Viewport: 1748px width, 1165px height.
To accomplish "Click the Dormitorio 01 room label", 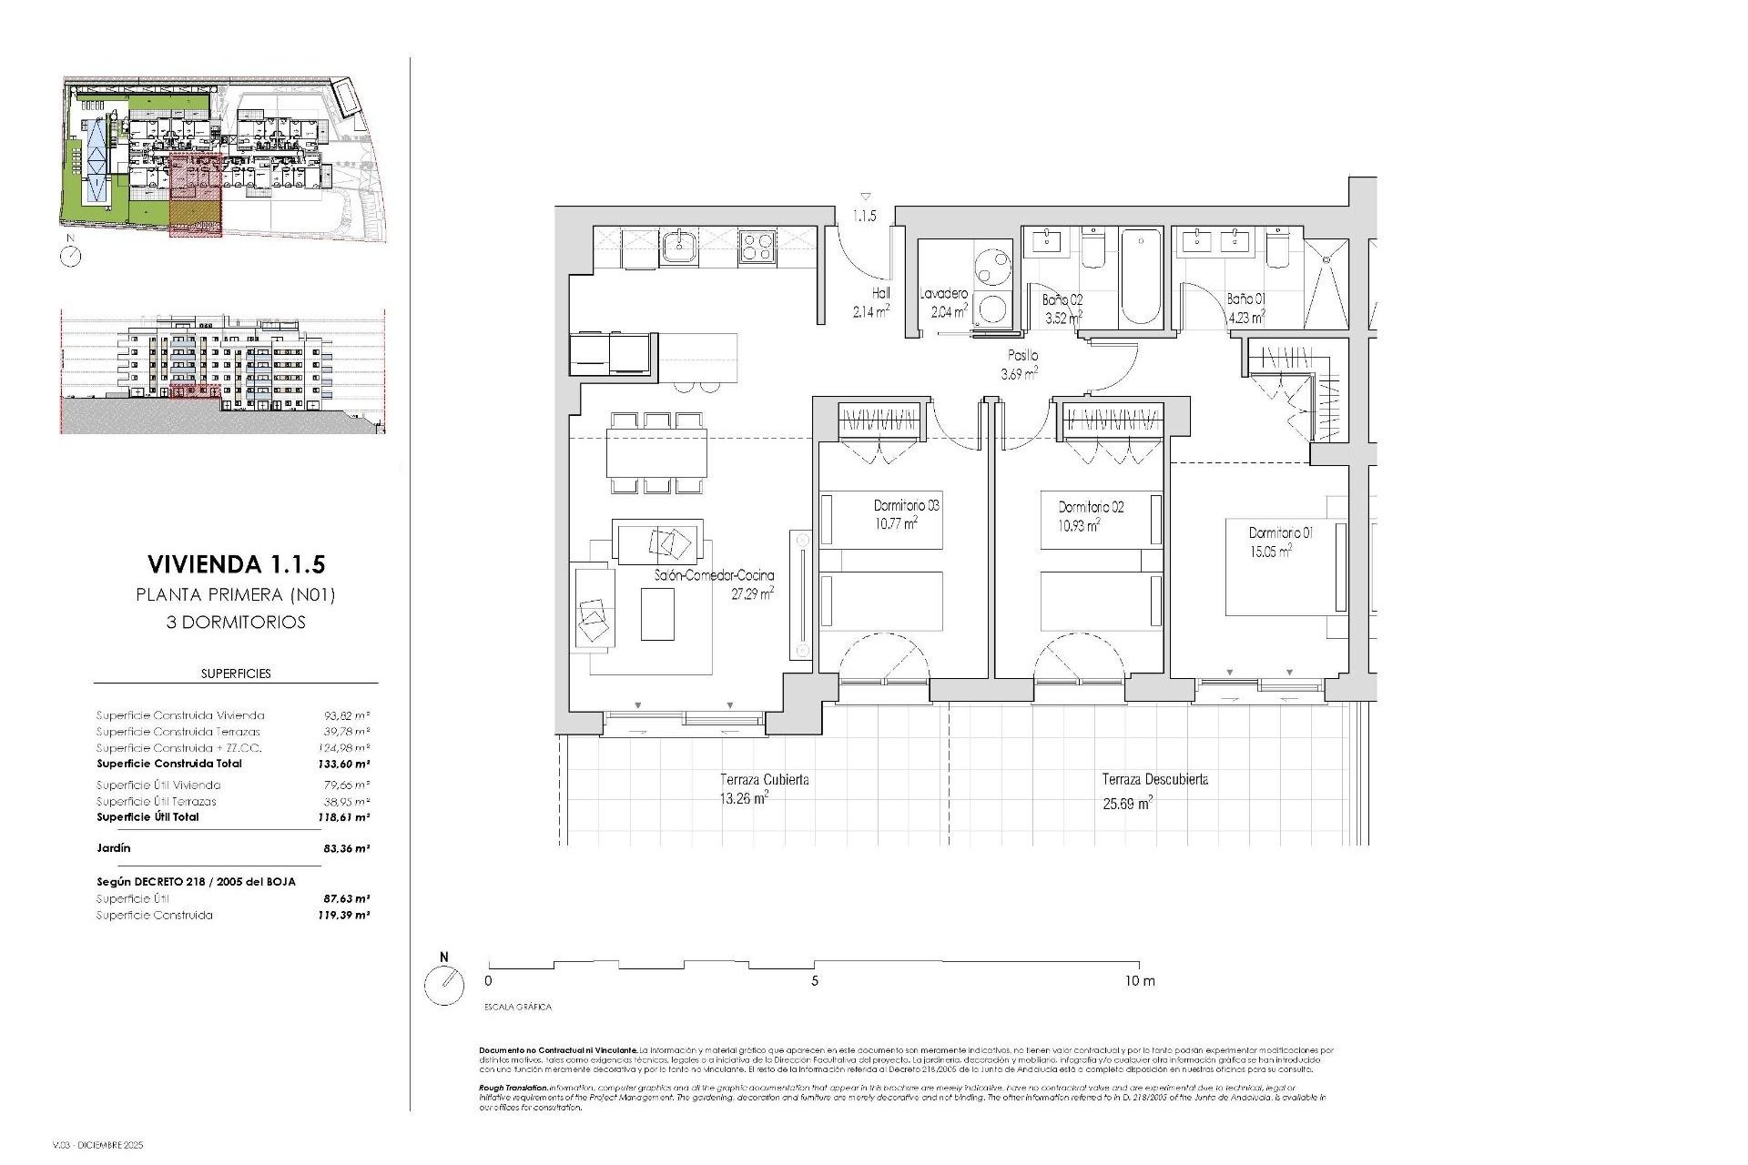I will [1280, 532].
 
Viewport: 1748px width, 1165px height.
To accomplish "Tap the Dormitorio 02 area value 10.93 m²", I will [1079, 525].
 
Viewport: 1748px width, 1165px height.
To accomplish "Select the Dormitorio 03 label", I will [906, 505].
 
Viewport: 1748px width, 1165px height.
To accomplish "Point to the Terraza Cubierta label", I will [764, 780].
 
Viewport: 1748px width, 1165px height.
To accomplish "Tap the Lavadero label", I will [943, 294].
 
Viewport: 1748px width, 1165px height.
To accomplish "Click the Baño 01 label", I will [1245, 299].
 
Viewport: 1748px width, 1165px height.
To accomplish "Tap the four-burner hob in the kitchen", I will [757, 247].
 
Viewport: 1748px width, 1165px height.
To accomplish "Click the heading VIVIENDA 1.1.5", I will [235, 564].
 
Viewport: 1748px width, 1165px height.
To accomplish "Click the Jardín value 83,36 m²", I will [346, 848].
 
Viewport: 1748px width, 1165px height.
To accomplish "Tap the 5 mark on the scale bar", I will [815, 981].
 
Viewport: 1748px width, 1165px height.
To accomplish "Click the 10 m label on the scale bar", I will [1138, 981].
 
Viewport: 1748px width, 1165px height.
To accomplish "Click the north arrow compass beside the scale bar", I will [444, 986].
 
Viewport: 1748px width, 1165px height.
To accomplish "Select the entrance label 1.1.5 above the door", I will [864, 217].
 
